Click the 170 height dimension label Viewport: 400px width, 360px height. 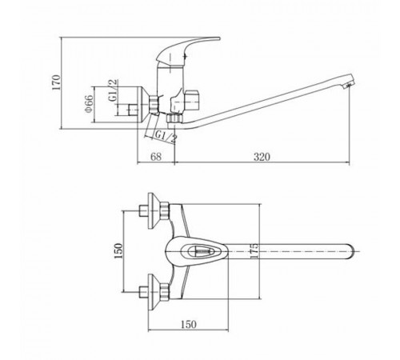pos(57,82)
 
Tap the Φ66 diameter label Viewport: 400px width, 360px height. pos(90,103)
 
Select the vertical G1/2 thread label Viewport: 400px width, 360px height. pos(113,90)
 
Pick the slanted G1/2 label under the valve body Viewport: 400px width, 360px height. pos(166,138)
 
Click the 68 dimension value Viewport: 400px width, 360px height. pos(156,157)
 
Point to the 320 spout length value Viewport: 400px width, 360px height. pos(262,157)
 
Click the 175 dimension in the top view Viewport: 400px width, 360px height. pos(254,250)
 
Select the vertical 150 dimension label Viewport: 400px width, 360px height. pos(118,250)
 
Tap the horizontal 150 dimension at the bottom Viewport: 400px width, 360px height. pos(189,324)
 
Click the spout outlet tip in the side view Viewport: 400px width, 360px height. pos(350,85)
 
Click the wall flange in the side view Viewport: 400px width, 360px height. pos(143,104)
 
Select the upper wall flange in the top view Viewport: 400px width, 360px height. pos(154,210)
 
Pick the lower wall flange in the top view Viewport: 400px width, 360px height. pos(154,292)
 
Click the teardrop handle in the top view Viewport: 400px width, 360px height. pos(197,251)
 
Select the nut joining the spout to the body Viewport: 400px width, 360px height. pos(174,118)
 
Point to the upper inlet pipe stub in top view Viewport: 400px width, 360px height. pos(143,210)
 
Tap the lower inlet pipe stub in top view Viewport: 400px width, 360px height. pos(143,292)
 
